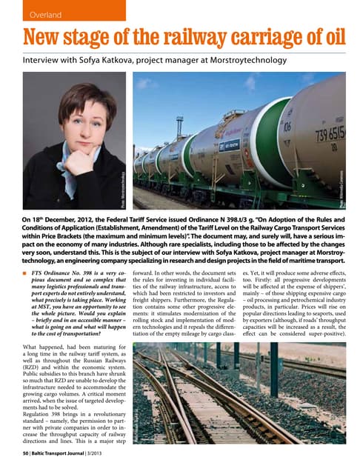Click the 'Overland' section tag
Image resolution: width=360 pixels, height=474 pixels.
coord(42,14)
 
